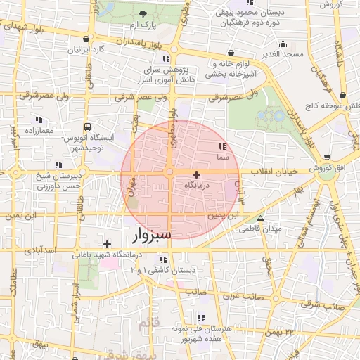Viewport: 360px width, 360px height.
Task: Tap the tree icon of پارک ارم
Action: coord(143,14)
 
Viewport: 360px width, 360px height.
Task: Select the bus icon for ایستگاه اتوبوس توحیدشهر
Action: coord(87,127)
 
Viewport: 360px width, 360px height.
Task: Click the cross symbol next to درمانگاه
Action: coord(196,174)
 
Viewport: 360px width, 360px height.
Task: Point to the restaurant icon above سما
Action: coord(222,146)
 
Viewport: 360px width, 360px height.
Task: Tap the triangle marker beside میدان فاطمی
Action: coord(261,218)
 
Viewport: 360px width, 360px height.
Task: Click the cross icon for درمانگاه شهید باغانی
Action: coord(107,243)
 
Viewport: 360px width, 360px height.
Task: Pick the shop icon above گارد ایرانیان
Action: coord(86,39)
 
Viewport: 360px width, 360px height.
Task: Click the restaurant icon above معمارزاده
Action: coord(38,120)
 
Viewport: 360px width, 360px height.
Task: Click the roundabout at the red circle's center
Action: coord(169,173)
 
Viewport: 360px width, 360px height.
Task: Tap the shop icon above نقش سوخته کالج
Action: coord(342,95)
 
